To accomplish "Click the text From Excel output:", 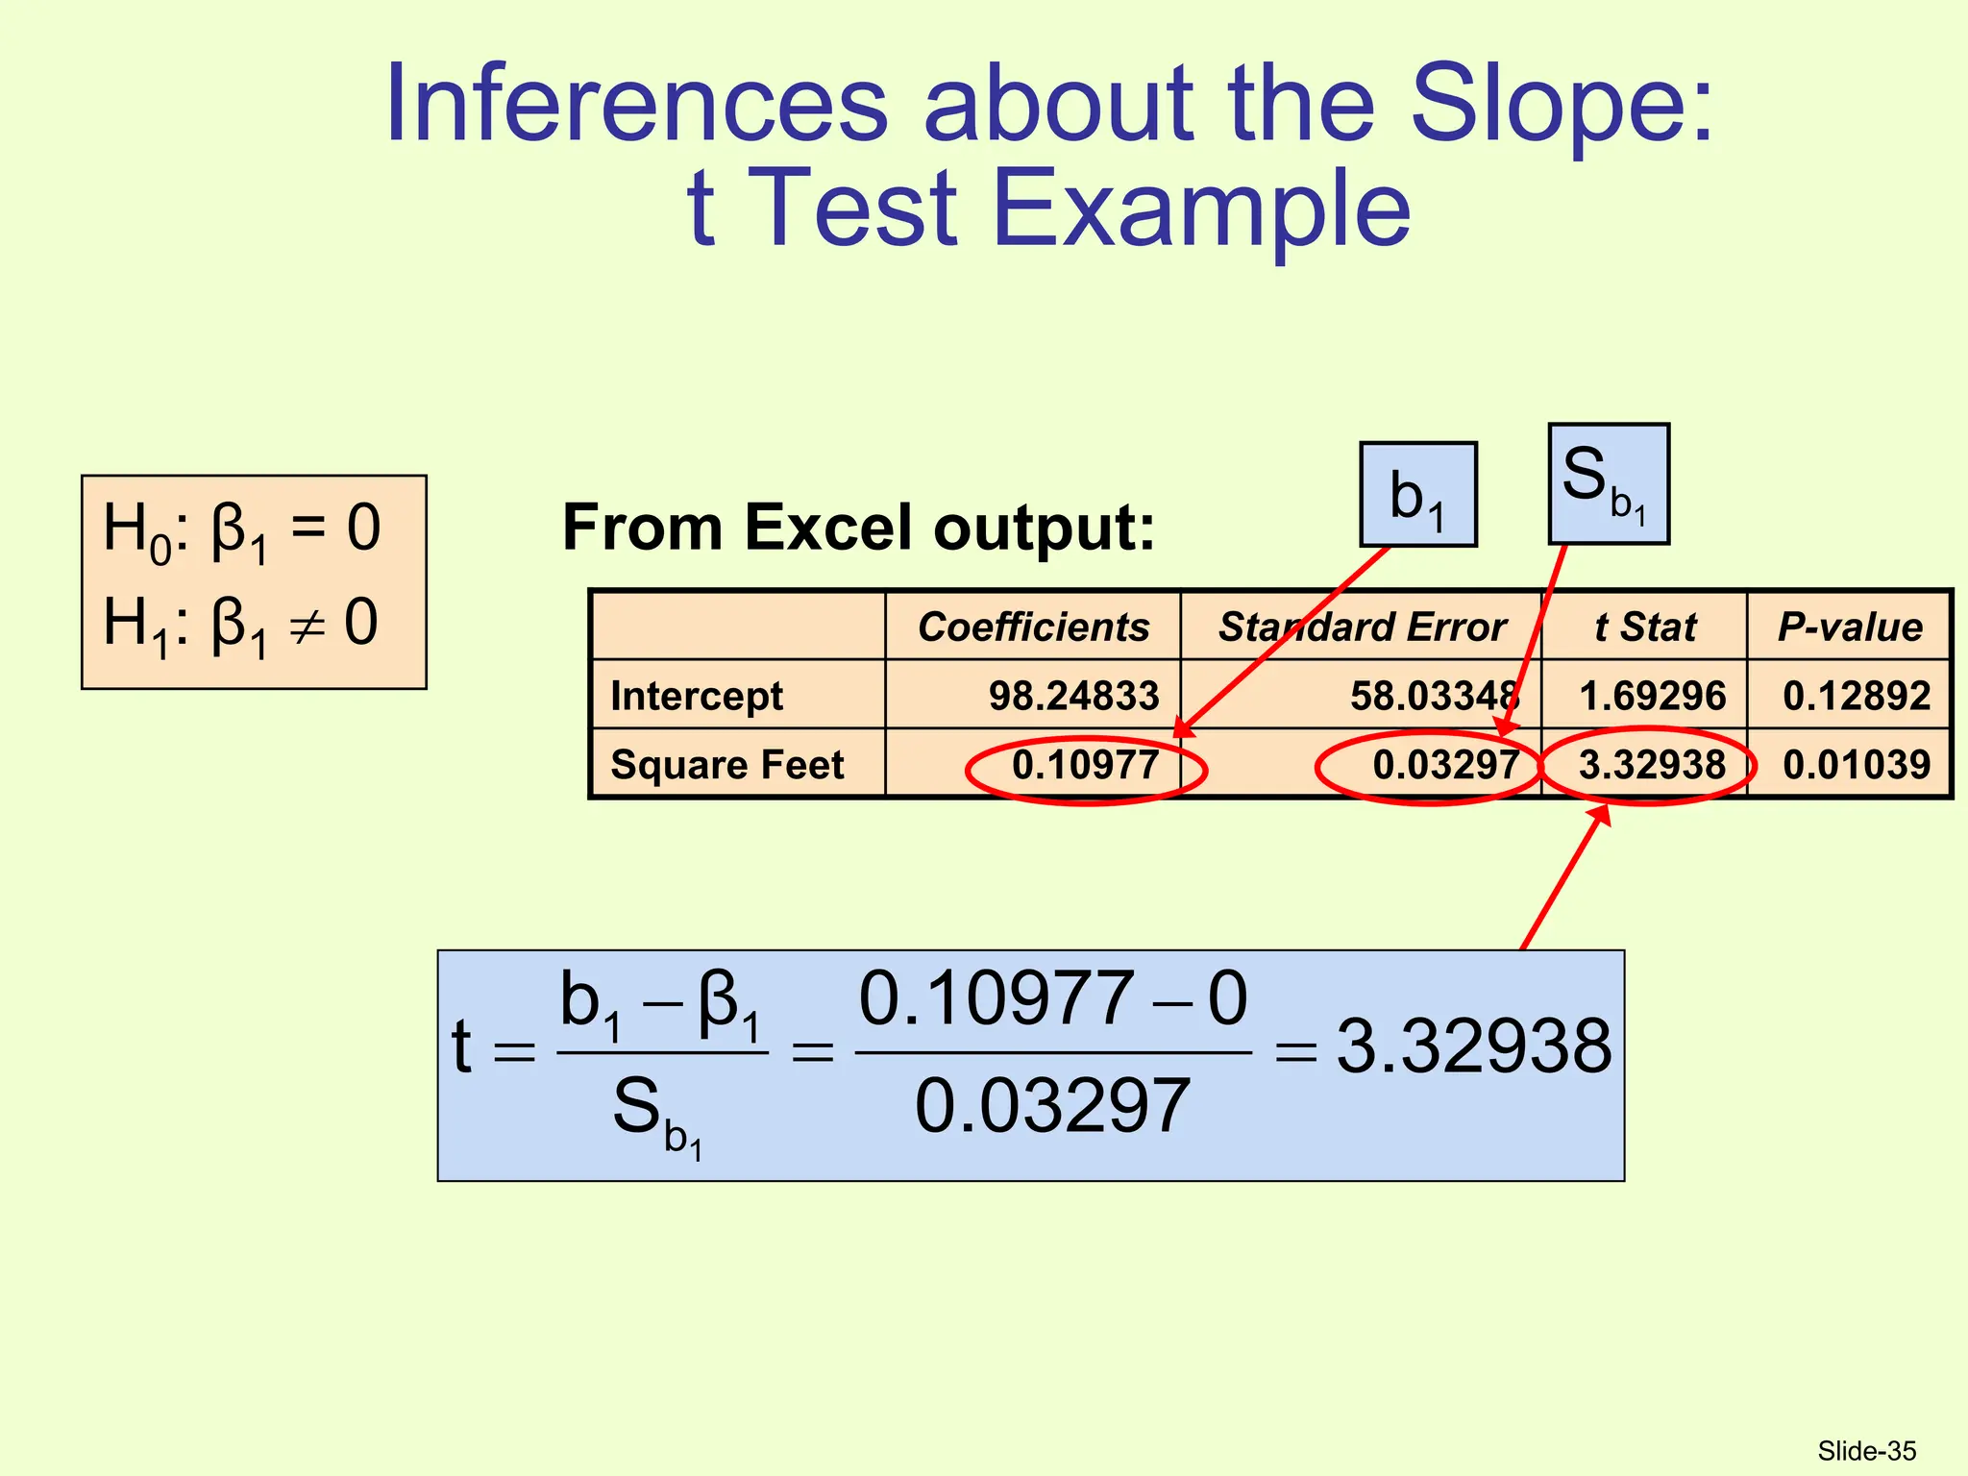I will [858, 528].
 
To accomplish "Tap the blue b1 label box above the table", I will [1417, 495].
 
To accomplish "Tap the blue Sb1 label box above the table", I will [1608, 484].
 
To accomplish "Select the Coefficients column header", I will [1033, 627].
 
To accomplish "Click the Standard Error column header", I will [1361, 627].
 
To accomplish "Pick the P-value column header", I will [1850, 627].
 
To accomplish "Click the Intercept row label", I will [697, 696].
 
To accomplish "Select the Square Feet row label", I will [727, 765].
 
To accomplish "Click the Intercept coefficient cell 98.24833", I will [1073, 696].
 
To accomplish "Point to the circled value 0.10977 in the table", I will [1085, 765].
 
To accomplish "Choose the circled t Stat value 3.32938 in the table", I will [1651, 765].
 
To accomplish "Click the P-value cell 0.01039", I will [1856, 765].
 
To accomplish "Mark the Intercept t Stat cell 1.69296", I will [1652, 696].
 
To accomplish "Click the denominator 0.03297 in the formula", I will [1052, 1107].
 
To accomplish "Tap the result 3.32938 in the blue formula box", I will [1473, 1046].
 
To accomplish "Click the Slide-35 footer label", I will [1866, 1451].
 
